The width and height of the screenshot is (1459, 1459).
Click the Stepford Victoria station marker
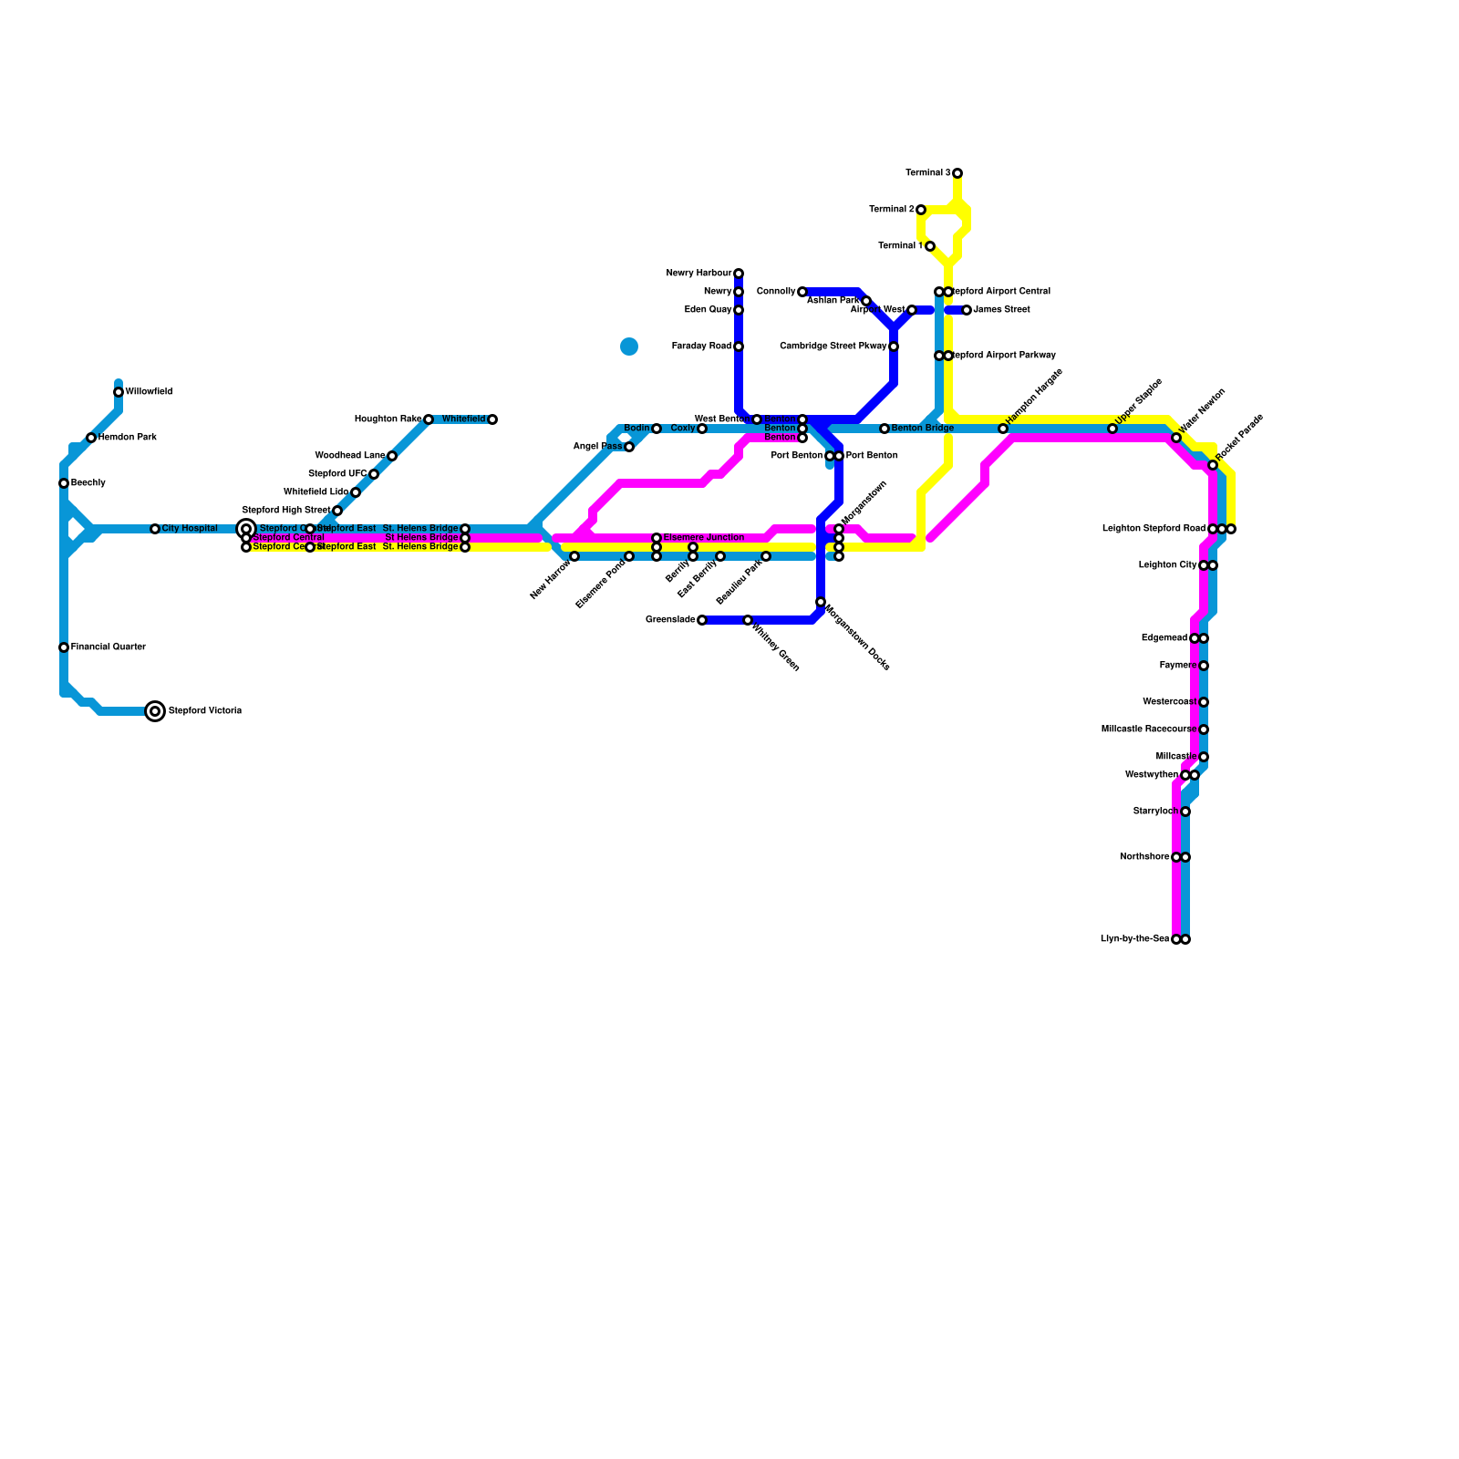coord(156,711)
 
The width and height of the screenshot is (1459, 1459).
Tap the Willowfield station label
coord(149,392)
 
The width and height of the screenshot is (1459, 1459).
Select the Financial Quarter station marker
coord(64,647)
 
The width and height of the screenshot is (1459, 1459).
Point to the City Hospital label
coord(190,529)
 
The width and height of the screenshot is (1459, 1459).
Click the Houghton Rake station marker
coord(429,419)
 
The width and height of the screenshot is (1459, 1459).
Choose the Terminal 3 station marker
coord(957,173)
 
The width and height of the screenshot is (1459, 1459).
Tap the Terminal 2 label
coord(892,210)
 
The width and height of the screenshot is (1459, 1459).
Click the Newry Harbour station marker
coord(739,274)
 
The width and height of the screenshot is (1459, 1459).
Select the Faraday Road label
coord(701,347)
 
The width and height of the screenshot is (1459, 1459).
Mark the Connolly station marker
coord(802,292)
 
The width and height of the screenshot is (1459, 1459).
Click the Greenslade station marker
coord(702,620)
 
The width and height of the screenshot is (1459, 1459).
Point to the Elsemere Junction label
coord(703,538)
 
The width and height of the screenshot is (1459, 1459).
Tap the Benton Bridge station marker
coord(885,429)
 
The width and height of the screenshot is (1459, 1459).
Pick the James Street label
coord(1001,310)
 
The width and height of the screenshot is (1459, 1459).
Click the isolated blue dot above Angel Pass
coord(629,347)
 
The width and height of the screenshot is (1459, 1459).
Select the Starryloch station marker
coord(1185,812)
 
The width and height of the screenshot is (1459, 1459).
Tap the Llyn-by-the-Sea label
coord(1134,939)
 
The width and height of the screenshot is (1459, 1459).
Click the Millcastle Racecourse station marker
coord(1204,729)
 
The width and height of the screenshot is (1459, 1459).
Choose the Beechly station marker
coord(64,483)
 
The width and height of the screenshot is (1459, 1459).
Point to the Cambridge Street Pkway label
coord(833,347)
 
